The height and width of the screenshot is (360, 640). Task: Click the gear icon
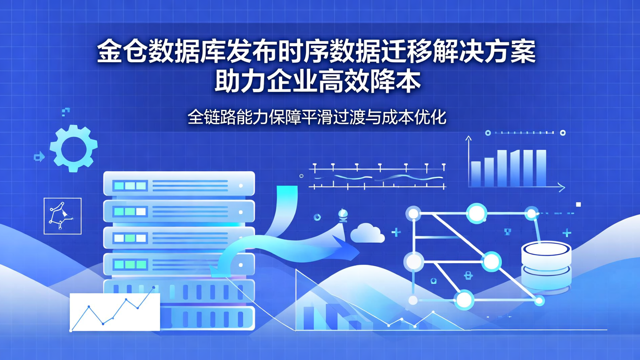pyautogui.click(x=73, y=148)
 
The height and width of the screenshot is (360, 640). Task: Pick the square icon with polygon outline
pyautogui.click(x=63, y=216)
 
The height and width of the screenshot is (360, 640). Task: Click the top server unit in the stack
pyautogui.click(x=179, y=184)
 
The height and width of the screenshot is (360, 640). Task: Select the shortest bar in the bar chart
pyautogui.click(x=476, y=174)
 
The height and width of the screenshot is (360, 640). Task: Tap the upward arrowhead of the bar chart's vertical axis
pyautogui.click(x=468, y=139)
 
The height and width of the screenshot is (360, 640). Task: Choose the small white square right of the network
pyautogui.click(x=578, y=204)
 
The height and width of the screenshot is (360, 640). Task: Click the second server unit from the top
pyautogui.click(x=179, y=211)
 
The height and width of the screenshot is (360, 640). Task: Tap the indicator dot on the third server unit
pyautogui.click(x=241, y=238)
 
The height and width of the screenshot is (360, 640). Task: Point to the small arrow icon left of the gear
pyautogui.click(x=39, y=156)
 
